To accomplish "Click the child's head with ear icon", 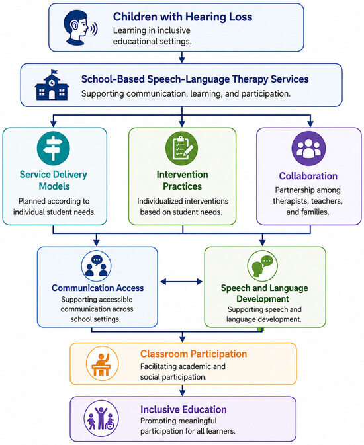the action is [x=80, y=28].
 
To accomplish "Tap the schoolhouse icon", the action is [x=52, y=85].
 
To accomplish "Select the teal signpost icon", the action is [x=54, y=148].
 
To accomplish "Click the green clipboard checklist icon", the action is [x=181, y=148].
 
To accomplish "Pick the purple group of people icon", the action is [x=308, y=148].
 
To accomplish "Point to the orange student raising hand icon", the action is [x=102, y=364].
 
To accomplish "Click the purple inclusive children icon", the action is [x=101, y=419].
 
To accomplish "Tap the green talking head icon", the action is [x=262, y=266].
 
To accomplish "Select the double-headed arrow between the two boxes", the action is [x=181, y=282].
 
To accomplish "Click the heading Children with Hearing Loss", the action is [x=183, y=17].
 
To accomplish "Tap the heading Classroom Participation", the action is [x=193, y=354].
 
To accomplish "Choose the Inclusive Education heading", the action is [x=183, y=409].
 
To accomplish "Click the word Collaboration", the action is [x=308, y=176].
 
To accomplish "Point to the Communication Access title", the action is [x=98, y=288].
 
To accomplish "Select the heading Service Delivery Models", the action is [x=54, y=181].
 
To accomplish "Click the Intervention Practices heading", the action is [x=183, y=181].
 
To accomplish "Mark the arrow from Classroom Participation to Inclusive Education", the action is [x=183, y=391].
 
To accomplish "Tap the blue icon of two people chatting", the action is [x=97, y=266].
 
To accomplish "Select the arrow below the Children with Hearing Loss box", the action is [x=182, y=58].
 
